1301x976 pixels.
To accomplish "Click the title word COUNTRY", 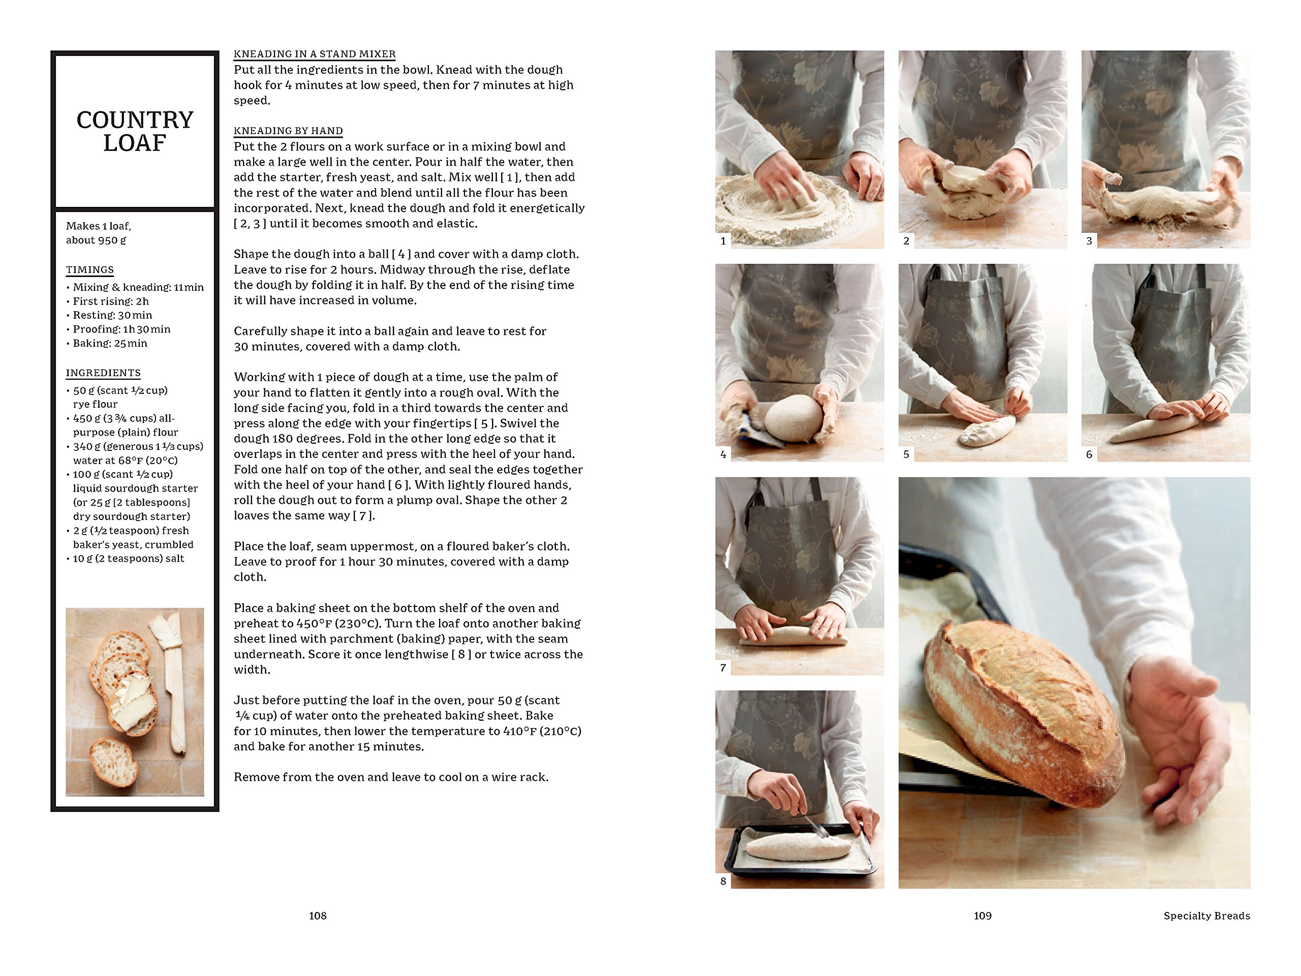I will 135,120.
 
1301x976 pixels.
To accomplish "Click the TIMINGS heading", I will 90,270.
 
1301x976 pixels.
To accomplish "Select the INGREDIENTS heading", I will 103,373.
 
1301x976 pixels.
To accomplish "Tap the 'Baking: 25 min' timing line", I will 109,344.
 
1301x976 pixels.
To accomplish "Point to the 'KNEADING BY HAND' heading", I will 288,131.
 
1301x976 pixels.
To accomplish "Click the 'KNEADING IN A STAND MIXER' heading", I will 315,54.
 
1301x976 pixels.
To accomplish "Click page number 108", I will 318,916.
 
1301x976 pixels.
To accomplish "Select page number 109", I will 982,916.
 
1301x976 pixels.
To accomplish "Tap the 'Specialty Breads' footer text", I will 1206,916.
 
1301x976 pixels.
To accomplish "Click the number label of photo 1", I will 723,240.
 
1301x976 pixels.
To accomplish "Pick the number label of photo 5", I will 906,454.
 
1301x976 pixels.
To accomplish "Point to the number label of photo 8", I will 723,881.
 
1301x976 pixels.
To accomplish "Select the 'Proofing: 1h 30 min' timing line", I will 121,329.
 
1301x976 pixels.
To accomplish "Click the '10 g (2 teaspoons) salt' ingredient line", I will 128,558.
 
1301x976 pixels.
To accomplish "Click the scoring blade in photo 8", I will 818,823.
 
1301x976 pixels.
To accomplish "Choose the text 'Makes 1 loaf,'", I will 98,226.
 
